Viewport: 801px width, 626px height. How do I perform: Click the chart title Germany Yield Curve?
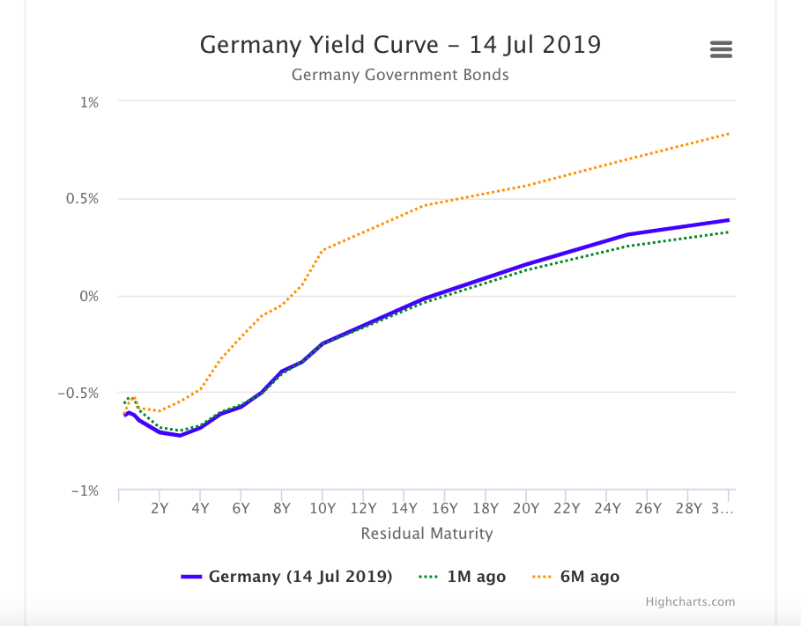click(x=400, y=44)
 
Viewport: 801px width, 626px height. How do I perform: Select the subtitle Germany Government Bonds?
click(x=400, y=75)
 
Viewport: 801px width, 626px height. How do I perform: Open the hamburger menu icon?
click(x=721, y=50)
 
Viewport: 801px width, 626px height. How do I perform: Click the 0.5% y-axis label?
click(x=82, y=199)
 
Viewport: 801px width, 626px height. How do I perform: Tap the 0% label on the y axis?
click(x=89, y=297)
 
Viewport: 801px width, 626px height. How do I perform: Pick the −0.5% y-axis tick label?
click(x=78, y=394)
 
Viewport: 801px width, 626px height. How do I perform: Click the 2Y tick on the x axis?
click(x=159, y=508)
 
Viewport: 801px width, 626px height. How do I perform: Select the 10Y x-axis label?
click(x=323, y=508)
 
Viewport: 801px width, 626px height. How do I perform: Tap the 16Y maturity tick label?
click(x=444, y=508)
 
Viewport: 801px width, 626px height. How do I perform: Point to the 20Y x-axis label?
click(x=525, y=508)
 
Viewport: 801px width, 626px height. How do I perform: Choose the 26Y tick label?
click(x=648, y=508)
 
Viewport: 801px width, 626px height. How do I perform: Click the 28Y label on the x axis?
click(x=688, y=508)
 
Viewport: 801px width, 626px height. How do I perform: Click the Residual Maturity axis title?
click(x=426, y=534)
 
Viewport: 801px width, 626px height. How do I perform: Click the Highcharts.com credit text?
click(x=690, y=602)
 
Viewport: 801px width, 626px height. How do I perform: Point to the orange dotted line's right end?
click(x=729, y=134)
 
